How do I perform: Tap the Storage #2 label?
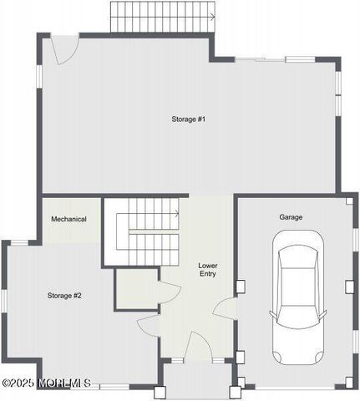(x=64, y=295)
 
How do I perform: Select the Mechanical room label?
(x=68, y=219)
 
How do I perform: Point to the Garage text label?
(x=291, y=217)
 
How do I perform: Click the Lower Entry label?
(x=208, y=270)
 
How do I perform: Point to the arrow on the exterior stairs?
(x=212, y=16)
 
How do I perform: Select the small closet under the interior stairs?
(x=135, y=288)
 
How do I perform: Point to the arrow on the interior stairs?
(x=177, y=213)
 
